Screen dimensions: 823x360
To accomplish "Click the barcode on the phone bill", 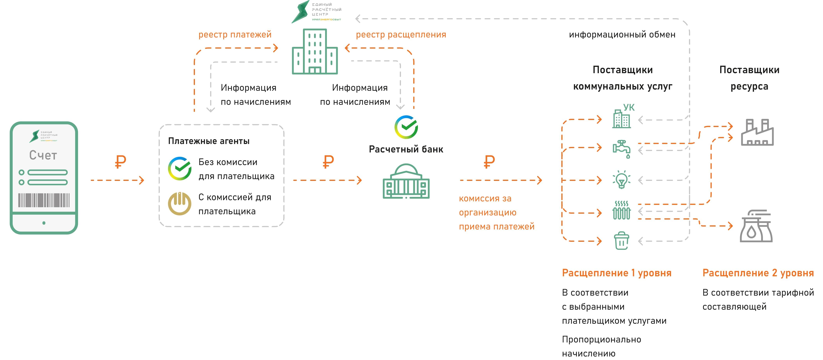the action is click(44, 200).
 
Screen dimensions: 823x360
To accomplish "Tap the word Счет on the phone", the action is click(43, 155).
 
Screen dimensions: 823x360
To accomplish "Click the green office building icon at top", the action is click(315, 52).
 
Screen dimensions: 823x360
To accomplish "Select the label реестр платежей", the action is click(235, 35).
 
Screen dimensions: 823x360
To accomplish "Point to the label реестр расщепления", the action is click(401, 35).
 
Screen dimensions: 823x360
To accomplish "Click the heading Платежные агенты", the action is click(209, 141).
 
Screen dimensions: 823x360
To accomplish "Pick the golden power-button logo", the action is click(180, 204).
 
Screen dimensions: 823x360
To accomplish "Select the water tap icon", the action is click(621, 149).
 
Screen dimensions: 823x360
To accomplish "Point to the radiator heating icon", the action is click(621, 210).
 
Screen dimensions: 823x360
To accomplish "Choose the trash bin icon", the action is click(621, 241).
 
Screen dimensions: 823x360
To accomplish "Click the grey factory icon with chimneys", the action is click(757, 132).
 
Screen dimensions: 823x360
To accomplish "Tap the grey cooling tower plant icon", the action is click(756, 226).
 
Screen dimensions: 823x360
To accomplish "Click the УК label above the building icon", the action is click(629, 107).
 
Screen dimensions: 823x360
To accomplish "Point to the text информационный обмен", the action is click(622, 35).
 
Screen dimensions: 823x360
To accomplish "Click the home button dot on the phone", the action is click(44, 223).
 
